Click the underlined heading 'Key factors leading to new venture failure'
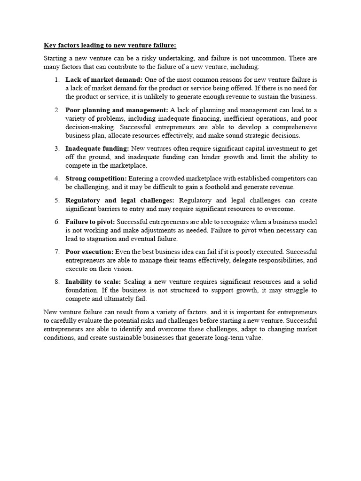(x=110, y=46)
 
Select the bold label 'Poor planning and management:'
(x=117, y=110)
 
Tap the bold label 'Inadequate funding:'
(x=97, y=148)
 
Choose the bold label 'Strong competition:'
(x=96, y=178)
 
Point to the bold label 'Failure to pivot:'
(x=90, y=222)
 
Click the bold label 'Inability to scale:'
(x=93, y=282)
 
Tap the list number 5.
(x=56, y=200)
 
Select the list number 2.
(x=56, y=110)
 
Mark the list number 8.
(x=56, y=282)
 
